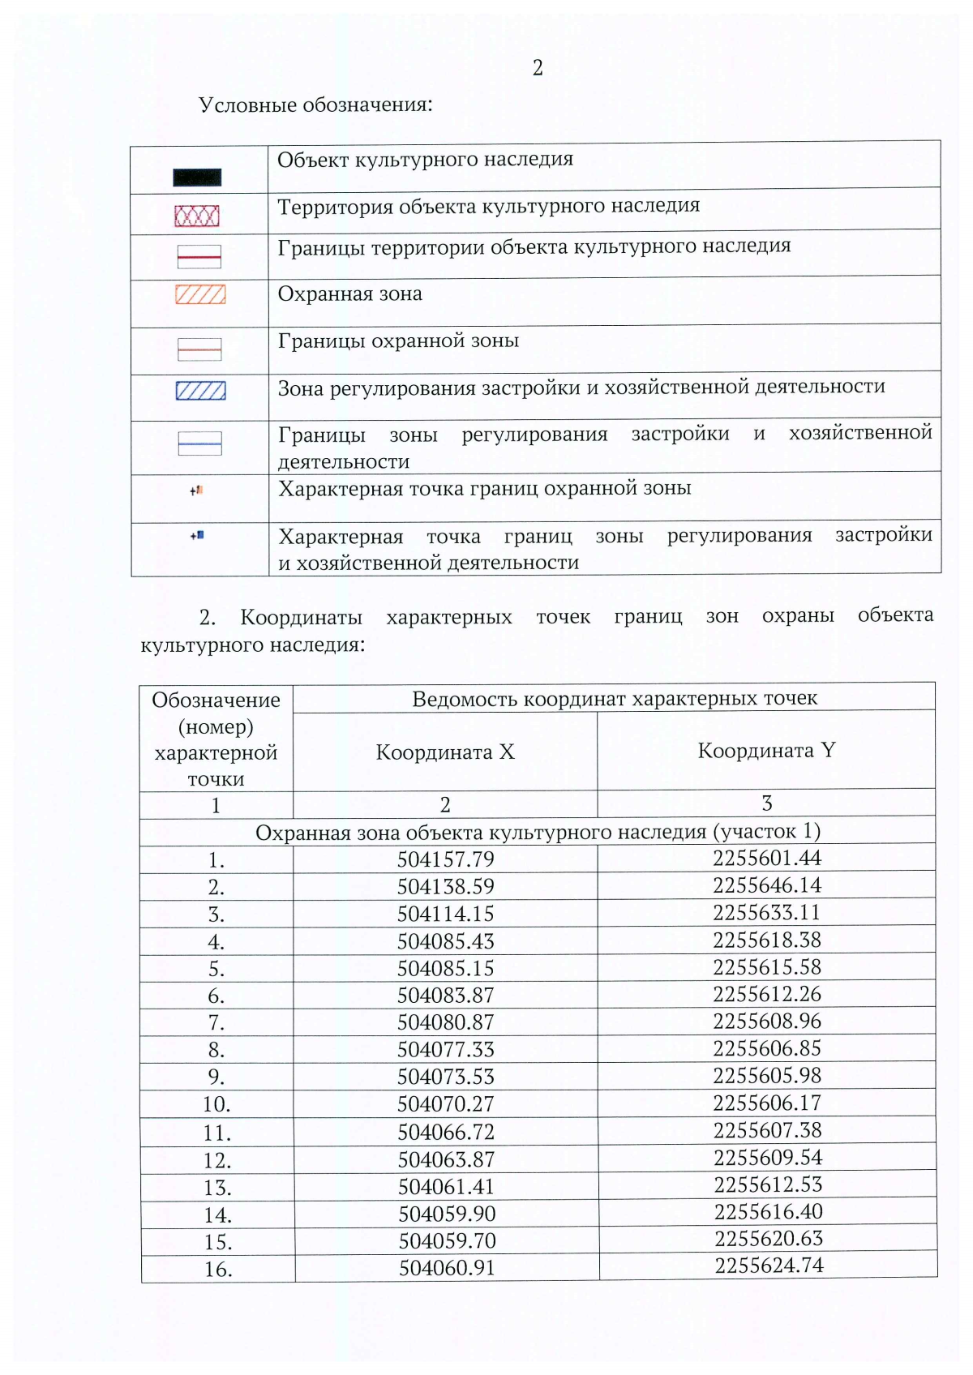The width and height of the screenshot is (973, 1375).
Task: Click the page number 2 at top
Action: tap(538, 68)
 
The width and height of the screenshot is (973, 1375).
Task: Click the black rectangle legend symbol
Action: tap(197, 178)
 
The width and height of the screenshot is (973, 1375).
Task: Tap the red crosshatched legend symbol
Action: tap(197, 216)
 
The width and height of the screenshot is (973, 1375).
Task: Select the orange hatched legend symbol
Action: tap(200, 294)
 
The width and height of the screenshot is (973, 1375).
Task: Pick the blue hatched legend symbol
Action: tap(200, 391)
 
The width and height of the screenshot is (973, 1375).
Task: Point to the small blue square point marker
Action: tap(199, 535)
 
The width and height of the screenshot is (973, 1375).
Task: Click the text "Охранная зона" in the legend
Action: tap(349, 293)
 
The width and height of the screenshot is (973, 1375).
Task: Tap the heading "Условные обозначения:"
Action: tap(315, 105)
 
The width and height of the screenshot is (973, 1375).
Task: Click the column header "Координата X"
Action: tap(445, 752)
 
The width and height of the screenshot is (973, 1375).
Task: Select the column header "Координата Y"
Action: tap(766, 751)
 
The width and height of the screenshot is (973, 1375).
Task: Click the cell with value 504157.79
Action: tap(445, 859)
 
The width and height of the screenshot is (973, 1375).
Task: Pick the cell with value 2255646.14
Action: tap(767, 885)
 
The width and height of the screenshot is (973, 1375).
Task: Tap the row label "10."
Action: tap(216, 1104)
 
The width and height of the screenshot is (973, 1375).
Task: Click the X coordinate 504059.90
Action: tap(447, 1214)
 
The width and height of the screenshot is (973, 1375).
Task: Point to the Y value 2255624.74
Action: tap(769, 1266)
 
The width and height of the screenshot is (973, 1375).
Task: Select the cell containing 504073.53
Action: tap(446, 1077)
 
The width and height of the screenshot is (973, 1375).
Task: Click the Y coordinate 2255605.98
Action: tap(767, 1076)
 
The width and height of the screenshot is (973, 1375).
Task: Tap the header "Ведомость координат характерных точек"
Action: tap(615, 699)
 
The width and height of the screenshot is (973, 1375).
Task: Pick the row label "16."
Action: tap(218, 1270)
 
